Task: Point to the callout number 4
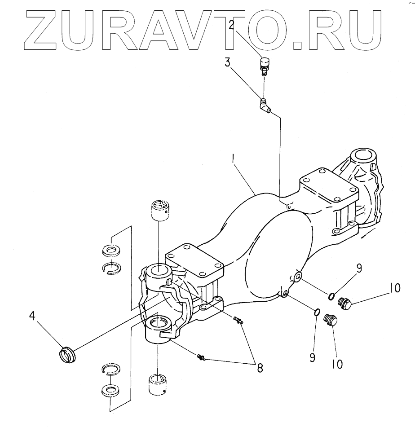(x=32, y=316)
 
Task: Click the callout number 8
(x=260, y=367)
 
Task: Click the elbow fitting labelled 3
(x=265, y=107)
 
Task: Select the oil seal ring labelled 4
(x=68, y=353)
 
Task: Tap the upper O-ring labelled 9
(x=331, y=295)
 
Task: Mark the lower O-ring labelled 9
(x=316, y=313)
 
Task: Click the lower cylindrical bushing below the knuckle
(x=159, y=383)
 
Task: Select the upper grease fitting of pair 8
(x=238, y=320)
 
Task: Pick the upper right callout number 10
(x=394, y=289)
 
